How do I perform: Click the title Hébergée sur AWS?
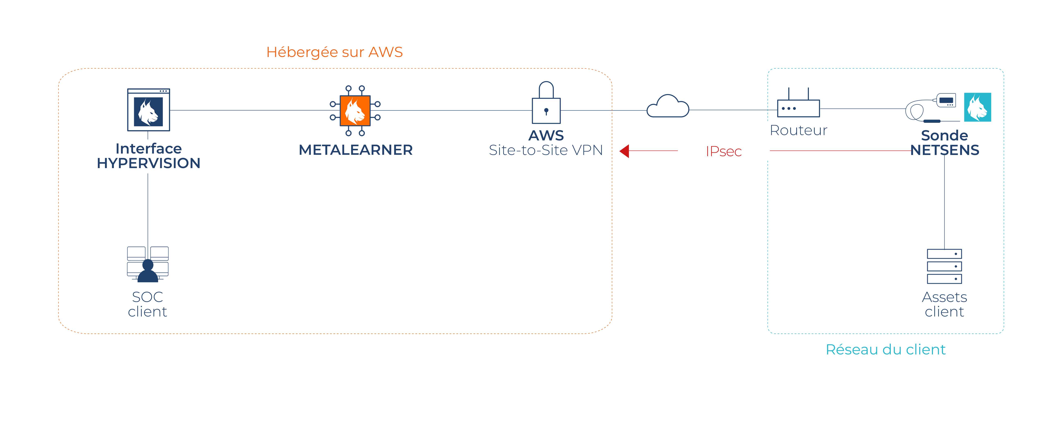[334, 52]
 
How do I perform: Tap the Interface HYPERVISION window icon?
[148, 110]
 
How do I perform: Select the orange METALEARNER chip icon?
[355, 110]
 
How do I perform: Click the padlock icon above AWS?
[546, 103]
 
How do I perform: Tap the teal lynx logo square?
[977, 107]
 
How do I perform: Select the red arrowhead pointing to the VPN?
[625, 151]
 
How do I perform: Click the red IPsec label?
[723, 152]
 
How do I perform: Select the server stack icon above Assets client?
[944, 266]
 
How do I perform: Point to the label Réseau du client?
[885, 350]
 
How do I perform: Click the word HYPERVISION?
[148, 163]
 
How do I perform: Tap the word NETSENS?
[945, 150]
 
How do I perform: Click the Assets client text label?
[944, 304]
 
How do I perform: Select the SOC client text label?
[147, 304]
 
